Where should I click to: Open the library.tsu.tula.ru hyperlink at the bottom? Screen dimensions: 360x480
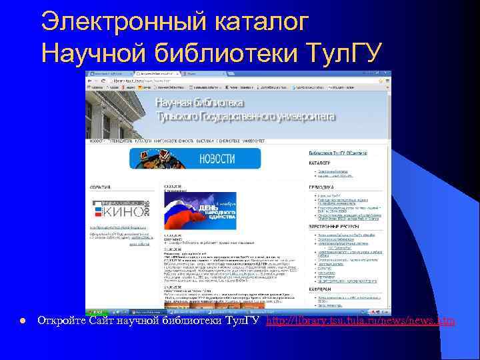click(x=360, y=321)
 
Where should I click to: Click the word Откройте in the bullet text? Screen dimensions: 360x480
click(x=63, y=321)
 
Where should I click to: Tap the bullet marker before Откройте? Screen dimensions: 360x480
click(x=23, y=322)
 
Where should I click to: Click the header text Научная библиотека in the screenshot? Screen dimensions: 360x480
click(x=200, y=103)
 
